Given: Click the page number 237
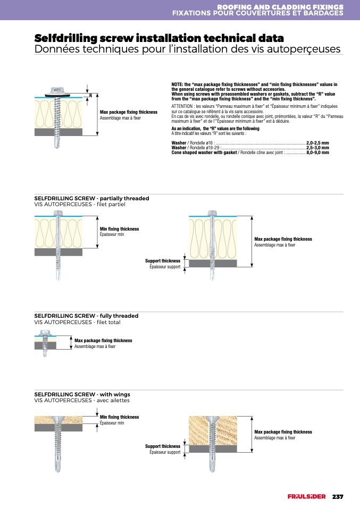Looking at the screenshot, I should [338, 497].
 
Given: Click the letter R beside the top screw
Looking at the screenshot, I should [90, 96].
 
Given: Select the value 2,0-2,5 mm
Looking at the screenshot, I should [317, 143].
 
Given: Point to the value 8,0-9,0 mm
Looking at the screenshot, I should [317, 152].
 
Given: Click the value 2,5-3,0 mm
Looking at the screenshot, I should [317, 148].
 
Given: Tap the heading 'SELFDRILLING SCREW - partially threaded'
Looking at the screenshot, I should [91, 198].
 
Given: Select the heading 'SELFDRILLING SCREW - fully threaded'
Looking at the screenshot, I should [86, 316].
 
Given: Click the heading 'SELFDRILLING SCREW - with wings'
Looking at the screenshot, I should [83, 394].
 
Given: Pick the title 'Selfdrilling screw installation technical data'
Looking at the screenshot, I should [159, 38].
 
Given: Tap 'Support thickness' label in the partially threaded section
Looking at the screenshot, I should [163, 261].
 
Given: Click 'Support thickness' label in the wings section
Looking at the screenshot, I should [163, 446].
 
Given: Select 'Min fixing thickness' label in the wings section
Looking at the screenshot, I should [119, 417].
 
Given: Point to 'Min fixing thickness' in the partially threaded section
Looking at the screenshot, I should [119, 229].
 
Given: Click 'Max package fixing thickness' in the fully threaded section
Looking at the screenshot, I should [103, 341].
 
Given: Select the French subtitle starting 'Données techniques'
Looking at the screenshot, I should [187, 49].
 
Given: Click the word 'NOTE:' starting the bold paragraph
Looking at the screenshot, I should [177, 84].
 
